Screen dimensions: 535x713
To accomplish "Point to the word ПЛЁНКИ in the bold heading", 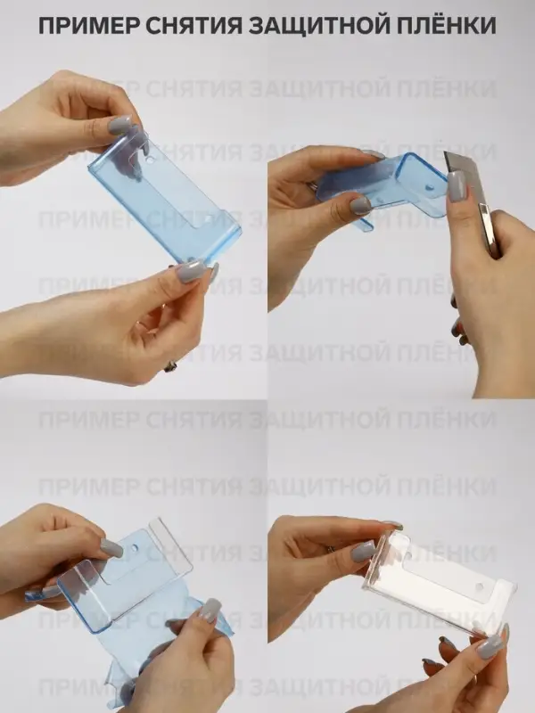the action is tap(447, 25).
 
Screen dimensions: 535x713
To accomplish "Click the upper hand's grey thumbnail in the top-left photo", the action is tap(120, 125).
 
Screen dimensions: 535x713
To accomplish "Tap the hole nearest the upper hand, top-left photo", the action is tap(151, 160).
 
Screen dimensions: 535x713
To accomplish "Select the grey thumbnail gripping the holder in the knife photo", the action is tap(361, 206).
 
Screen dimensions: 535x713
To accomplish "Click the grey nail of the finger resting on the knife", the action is tap(457, 186).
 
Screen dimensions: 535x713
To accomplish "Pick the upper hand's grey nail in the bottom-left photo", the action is tap(111, 548).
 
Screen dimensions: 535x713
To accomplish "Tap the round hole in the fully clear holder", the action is tap(479, 586).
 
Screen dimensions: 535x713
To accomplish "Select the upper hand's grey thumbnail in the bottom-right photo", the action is tap(364, 553).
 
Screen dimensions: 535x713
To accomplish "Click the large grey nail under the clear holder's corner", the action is tap(491, 646).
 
